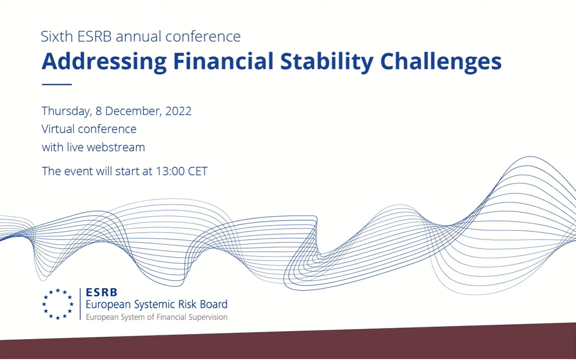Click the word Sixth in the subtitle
point(57,36)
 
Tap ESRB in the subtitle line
point(94,36)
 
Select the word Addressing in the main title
point(104,62)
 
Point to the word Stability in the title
point(326,62)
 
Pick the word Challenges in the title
point(441,62)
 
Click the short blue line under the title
point(57,84)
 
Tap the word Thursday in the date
point(67,111)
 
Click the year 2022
point(179,111)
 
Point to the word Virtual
point(58,129)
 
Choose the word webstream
point(116,147)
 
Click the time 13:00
point(170,171)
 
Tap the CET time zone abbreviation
point(197,171)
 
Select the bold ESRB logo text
point(102,292)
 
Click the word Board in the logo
point(214,304)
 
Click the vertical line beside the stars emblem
point(80,304)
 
